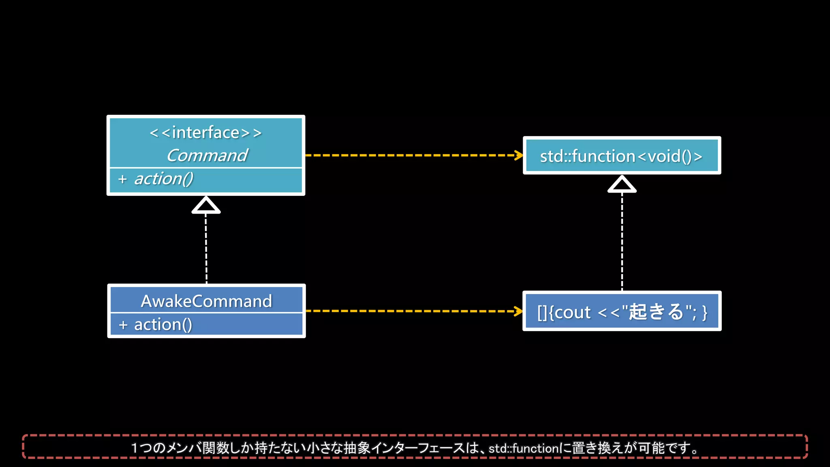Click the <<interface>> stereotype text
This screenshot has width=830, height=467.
[x=205, y=133]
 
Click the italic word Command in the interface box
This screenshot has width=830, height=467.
[x=207, y=156]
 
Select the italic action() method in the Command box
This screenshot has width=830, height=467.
[x=164, y=179]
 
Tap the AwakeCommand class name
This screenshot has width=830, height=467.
[x=206, y=301]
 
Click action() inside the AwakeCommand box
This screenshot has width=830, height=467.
[x=163, y=325]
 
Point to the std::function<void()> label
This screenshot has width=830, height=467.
[x=621, y=156]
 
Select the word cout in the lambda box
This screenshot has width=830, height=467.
[x=573, y=313]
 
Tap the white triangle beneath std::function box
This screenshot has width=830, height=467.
[x=622, y=184]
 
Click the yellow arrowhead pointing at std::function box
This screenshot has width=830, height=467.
[x=519, y=155]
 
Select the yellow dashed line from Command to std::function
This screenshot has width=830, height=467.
[x=409, y=155]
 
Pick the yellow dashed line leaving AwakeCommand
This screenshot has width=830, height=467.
[x=409, y=311]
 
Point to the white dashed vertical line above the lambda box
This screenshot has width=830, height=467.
[x=622, y=241]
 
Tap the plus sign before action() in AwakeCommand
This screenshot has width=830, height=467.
[x=123, y=325]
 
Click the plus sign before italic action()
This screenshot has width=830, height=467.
[x=122, y=179]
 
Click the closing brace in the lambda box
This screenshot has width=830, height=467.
[x=705, y=313]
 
